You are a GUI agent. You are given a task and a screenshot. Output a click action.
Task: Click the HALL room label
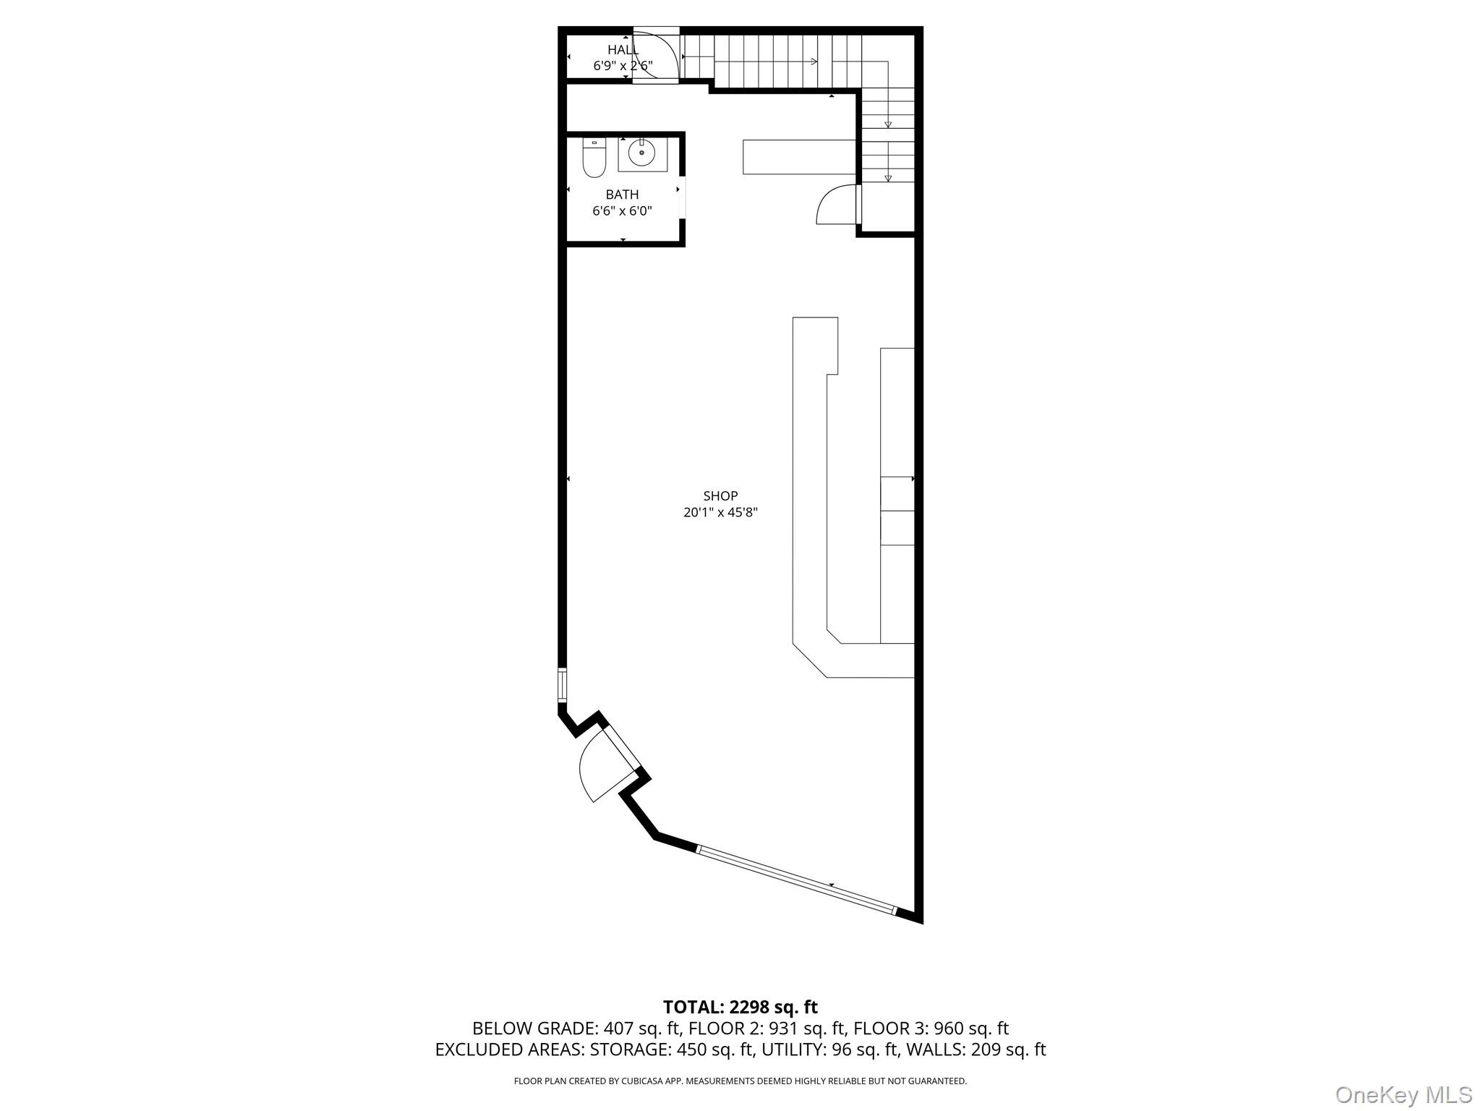[623, 50]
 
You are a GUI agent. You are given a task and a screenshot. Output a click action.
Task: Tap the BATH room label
[622, 195]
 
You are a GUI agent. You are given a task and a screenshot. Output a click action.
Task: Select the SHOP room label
[720, 496]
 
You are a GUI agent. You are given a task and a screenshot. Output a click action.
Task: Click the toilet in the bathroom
[594, 158]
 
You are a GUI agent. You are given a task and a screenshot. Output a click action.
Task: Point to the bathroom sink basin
[641, 153]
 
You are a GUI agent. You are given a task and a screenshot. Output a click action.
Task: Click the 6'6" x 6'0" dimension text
[622, 211]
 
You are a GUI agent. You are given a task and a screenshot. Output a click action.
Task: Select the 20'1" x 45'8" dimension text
[720, 513]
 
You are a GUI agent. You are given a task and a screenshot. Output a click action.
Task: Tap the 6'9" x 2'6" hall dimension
[623, 66]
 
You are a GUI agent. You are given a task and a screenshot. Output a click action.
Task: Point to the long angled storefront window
[796, 878]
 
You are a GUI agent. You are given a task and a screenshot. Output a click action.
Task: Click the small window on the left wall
[562, 686]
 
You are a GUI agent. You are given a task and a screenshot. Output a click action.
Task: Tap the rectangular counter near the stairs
[799, 157]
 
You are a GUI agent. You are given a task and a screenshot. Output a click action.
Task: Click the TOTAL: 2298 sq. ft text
[740, 1006]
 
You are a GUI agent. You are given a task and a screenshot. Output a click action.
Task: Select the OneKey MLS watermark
[1403, 1094]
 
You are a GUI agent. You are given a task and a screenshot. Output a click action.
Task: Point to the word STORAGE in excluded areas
[629, 1050]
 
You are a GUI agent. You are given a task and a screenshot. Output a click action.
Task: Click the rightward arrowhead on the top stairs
[814, 61]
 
